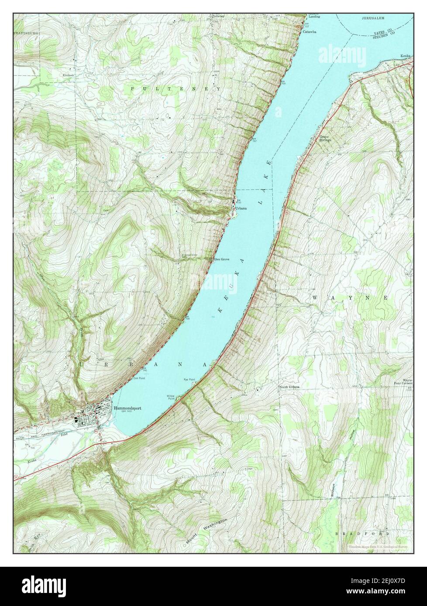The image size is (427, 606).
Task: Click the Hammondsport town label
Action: coord(127,408)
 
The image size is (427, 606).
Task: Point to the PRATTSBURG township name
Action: coord(26,33)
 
